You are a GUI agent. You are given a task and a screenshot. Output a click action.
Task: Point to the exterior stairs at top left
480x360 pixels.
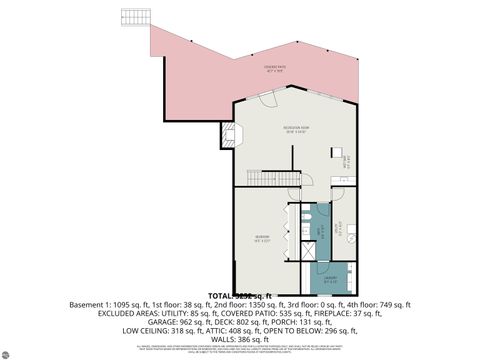tap(134, 18)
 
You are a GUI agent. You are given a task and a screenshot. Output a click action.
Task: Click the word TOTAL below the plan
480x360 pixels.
tap(217, 296)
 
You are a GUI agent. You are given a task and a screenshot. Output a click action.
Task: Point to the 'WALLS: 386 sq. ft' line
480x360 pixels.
tap(239, 340)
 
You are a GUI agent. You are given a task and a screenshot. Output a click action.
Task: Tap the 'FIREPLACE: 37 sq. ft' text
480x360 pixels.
tap(350, 313)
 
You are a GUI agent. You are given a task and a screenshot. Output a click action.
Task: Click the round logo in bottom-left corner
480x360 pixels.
tap(11, 351)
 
